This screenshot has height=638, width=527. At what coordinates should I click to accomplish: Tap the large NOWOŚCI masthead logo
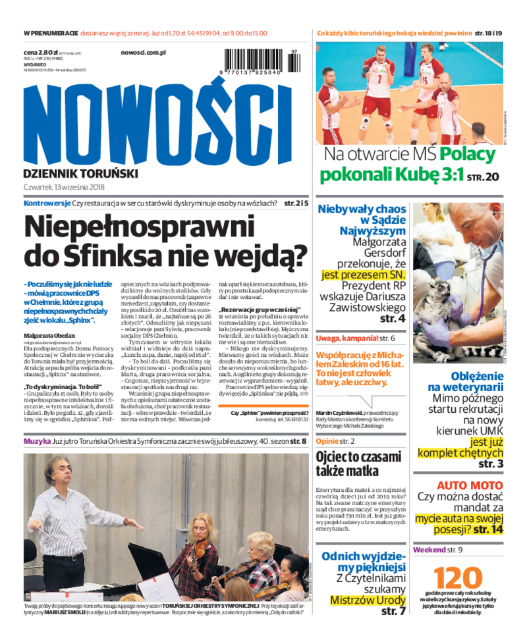click(157, 124)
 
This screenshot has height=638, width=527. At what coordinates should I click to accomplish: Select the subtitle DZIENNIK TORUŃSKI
click(80, 173)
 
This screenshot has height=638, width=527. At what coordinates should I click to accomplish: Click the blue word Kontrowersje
click(47, 203)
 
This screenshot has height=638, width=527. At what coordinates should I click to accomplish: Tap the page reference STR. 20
click(483, 177)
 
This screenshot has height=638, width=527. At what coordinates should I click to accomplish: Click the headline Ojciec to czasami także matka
click(358, 464)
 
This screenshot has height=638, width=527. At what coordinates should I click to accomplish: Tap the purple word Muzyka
click(37, 440)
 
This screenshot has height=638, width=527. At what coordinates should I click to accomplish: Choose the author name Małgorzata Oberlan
click(50, 335)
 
